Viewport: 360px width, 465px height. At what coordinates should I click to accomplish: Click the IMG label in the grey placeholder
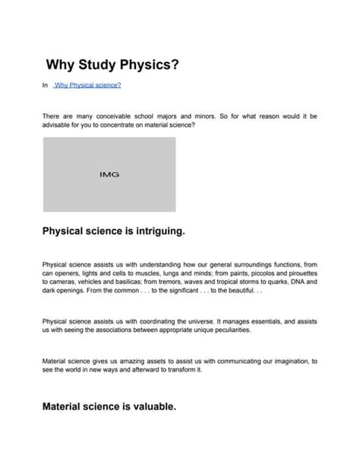(109, 175)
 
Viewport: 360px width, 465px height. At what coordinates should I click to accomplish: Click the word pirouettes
(297, 272)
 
